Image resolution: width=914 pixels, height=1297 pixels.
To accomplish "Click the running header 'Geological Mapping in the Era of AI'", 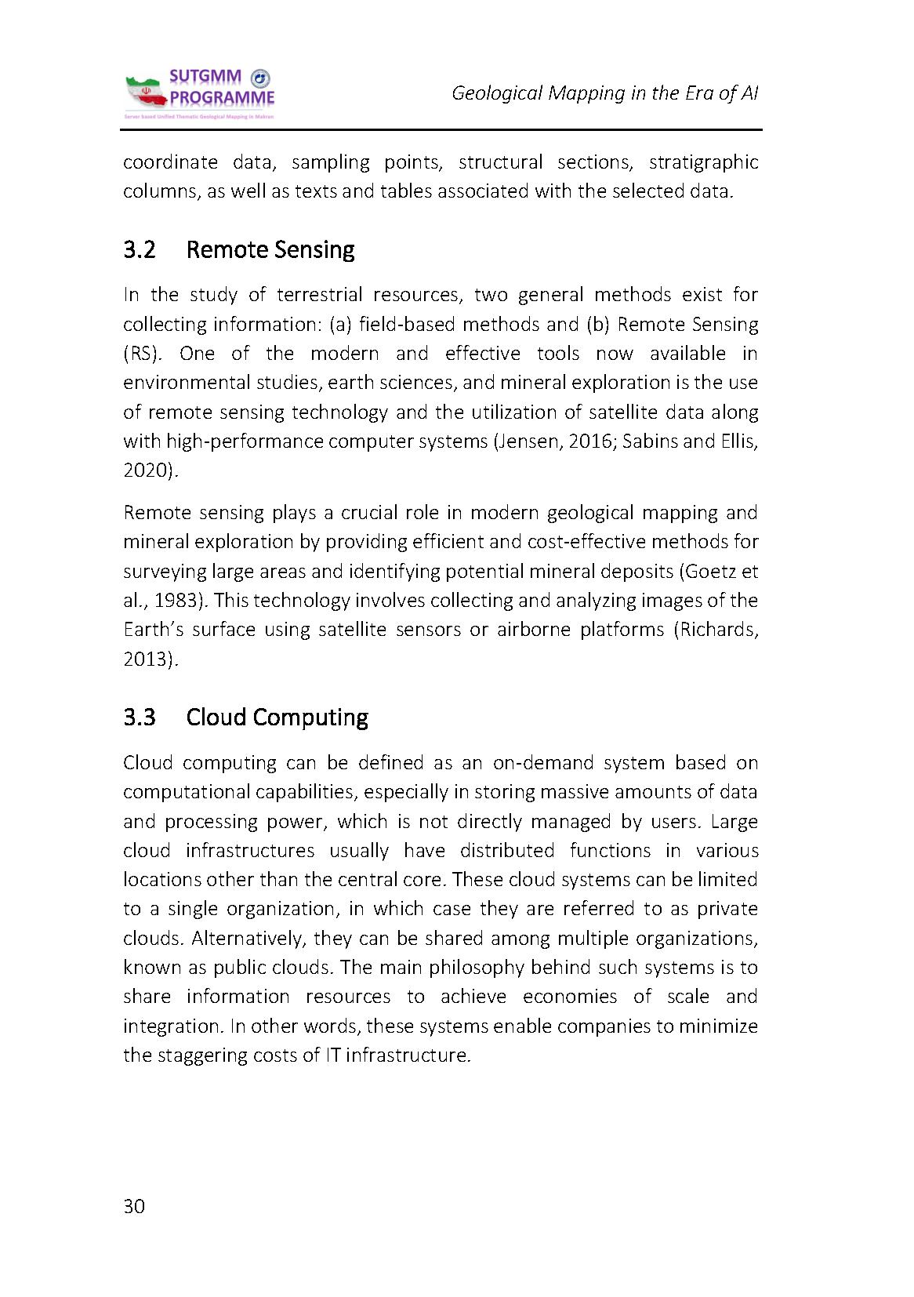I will [x=604, y=93].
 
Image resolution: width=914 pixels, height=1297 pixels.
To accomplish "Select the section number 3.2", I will [x=140, y=250].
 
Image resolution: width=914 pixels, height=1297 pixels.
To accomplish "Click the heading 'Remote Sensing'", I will [x=270, y=250].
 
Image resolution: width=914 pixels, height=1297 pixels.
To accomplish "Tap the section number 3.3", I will [x=140, y=718].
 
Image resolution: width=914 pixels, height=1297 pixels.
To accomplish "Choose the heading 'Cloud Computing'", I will [x=277, y=718].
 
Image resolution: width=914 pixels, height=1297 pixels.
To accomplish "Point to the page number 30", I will [x=134, y=1206].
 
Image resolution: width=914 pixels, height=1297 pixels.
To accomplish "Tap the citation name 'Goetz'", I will [x=710, y=572].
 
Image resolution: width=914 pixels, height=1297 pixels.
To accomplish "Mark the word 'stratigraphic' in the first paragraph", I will [x=704, y=162].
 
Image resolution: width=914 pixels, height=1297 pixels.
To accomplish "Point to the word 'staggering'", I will [x=201, y=1055].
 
